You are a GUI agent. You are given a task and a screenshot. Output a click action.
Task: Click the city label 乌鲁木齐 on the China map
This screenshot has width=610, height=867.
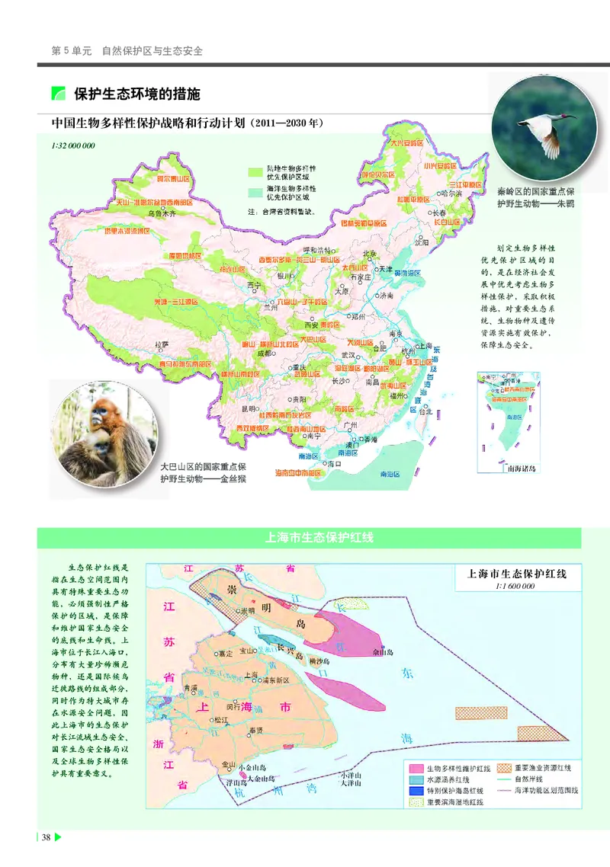pos(162,214)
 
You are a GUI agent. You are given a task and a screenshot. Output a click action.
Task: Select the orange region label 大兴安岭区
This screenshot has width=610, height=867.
pos(406,142)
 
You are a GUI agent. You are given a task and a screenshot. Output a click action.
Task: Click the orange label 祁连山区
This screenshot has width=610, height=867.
pos(235,270)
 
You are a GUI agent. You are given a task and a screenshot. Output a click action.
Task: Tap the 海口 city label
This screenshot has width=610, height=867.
pos(333,462)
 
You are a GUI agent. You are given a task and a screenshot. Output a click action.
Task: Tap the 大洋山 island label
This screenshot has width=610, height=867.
pos(350,782)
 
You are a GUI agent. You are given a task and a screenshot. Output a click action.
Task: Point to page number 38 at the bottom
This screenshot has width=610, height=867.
pos(47,838)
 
